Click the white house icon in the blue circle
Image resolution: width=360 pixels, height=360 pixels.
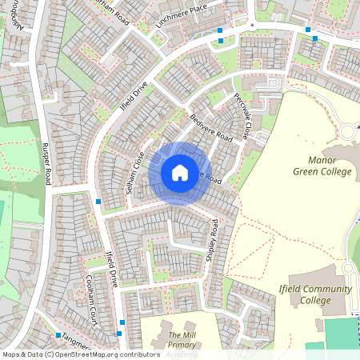[179, 173]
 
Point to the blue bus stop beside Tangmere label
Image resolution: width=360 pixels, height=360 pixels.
[58, 334]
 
